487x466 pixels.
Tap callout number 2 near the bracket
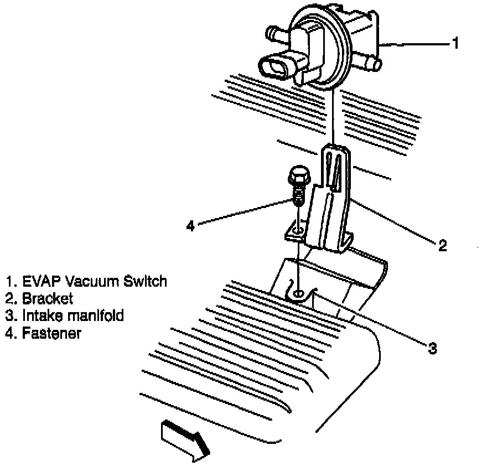pyautogui.click(x=442, y=245)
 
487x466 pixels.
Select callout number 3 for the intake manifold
pyautogui.click(x=433, y=348)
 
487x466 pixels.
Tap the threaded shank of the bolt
pyautogui.click(x=298, y=194)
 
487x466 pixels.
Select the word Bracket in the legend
pyautogui.click(x=48, y=299)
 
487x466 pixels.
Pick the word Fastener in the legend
pyautogui.click(x=53, y=334)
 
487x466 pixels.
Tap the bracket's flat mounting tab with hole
pyautogui.click(x=297, y=232)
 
